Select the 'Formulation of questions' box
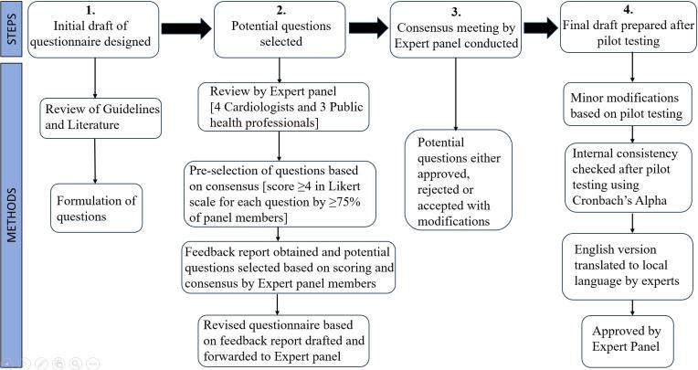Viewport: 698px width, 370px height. click(94, 206)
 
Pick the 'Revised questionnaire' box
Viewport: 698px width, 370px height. click(284, 339)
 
